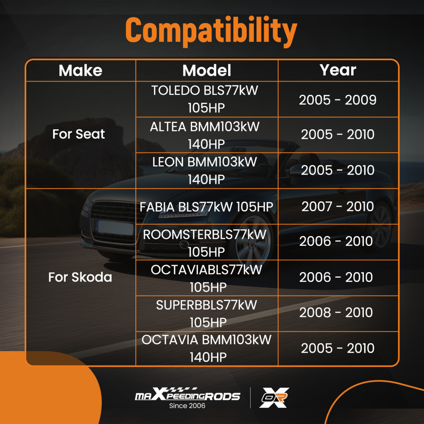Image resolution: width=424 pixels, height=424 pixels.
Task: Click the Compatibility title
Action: [x=211, y=31]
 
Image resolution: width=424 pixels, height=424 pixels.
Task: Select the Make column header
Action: [x=81, y=70]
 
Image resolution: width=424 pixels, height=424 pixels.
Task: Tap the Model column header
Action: [x=207, y=70]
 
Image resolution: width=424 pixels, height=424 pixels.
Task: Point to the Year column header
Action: [x=338, y=70]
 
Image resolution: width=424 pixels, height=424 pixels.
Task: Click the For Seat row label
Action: [x=78, y=134]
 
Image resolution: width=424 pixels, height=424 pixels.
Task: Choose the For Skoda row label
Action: [x=80, y=277]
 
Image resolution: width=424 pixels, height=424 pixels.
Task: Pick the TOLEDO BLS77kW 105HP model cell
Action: [x=207, y=99]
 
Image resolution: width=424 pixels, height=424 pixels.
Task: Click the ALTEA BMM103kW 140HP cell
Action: [x=207, y=135]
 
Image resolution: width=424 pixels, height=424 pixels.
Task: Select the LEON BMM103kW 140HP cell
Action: [x=207, y=170]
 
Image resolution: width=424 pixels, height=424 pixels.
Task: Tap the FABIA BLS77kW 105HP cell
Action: [x=207, y=206]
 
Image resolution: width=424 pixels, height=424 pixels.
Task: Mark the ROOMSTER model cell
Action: [x=207, y=242]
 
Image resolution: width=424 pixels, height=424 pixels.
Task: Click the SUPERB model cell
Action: [x=207, y=313]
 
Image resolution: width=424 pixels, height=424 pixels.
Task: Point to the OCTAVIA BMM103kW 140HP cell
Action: [x=207, y=349]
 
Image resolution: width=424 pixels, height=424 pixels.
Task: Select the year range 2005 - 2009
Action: [x=338, y=100]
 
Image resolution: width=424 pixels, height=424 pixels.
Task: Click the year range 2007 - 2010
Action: [x=338, y=206]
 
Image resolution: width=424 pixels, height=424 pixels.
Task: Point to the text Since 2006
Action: [x=187, y=406]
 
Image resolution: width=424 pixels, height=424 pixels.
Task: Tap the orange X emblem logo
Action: [x=274, y=397]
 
